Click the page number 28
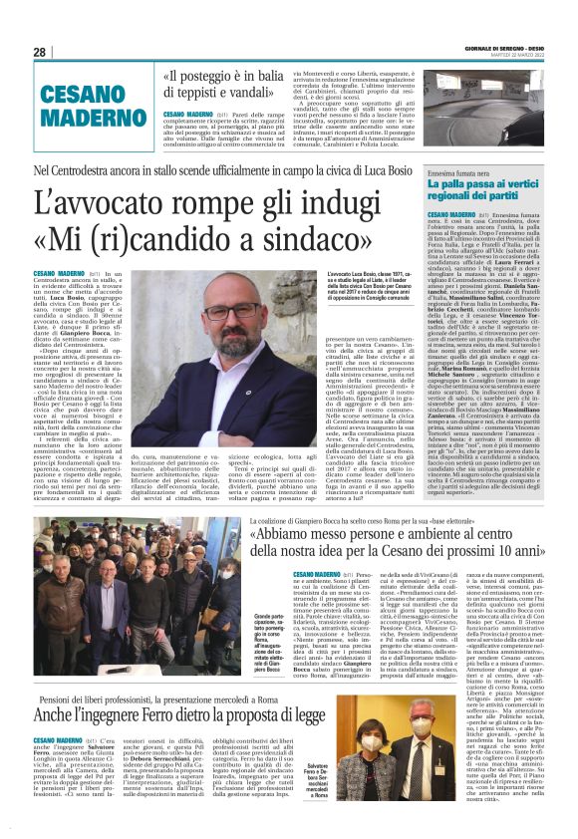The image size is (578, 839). [40, 52]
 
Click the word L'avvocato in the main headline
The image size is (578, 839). [116, 202]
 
